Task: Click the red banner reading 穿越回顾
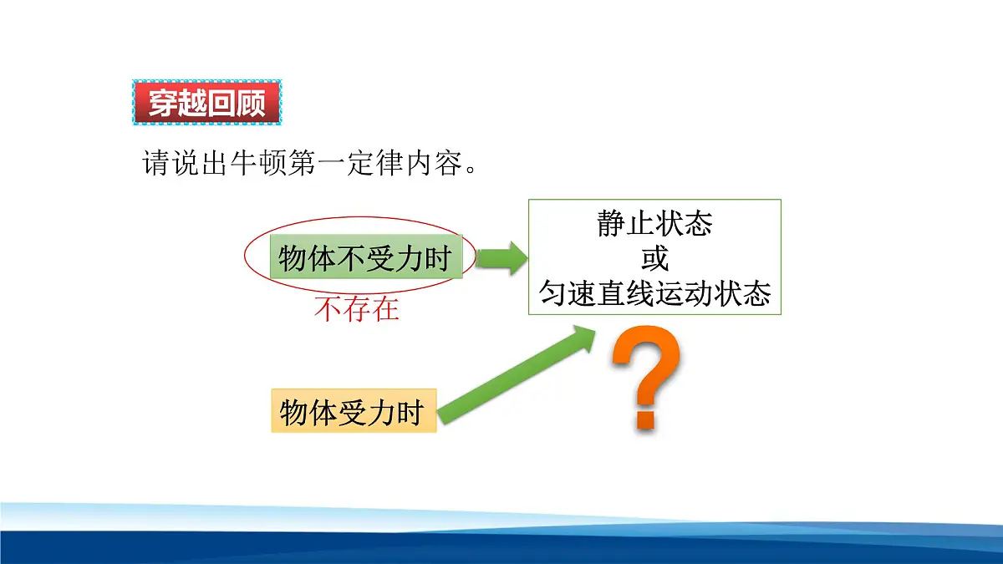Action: pyautogui.click(x=207, y=103)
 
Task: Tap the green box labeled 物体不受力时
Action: pyautogui.click(x=366, y=258)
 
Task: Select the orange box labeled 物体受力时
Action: pyautogui.click(x=354, y=411)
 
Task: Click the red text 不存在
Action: pyautogui.click(x=357, y=310)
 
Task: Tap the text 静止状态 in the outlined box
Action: pyautogui.click(x=654, y=224)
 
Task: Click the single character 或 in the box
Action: pyautogui.click(x=654, y=258)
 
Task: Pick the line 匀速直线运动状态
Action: pyautogui.click(x=654, y=293)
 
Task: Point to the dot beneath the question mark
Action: pyautogui.click(x=644, y=417)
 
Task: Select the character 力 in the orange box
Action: pyautogui.click(x=381, y=411)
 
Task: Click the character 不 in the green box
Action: pyautogui.click(x=349, y=258)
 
